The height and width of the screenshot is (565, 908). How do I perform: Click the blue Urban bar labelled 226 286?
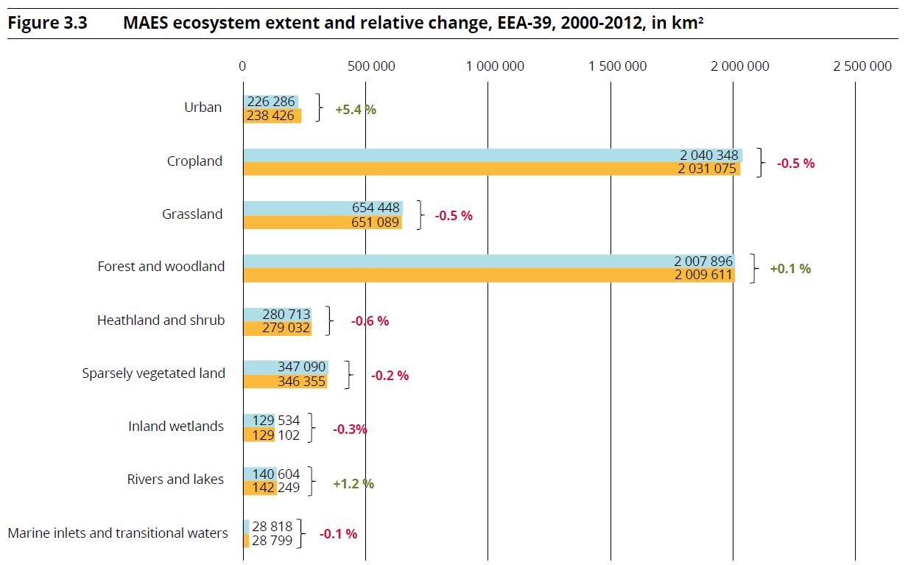(x=271, y=102)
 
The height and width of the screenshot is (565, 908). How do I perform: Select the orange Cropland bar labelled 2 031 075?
(x=491, y=169)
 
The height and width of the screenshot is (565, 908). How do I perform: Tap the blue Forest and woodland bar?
(x=488, y=261)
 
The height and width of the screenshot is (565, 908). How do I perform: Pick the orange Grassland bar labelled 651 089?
(x=323, y=222)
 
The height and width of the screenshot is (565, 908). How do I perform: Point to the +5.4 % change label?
(x=356, y=109)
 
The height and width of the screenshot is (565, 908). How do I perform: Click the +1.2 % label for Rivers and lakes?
(x=353, y=484)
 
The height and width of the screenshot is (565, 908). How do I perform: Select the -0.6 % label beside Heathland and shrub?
(x=370, y=321)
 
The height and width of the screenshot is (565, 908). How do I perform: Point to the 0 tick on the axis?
(x=242, y=66)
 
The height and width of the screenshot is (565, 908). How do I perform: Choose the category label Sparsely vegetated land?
(x=153, y=373)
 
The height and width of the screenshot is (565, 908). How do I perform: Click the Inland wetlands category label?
(x=176, y=427)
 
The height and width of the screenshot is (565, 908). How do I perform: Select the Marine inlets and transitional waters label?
(x=118, y=533)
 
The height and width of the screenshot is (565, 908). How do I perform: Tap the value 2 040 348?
(x=708, y=155)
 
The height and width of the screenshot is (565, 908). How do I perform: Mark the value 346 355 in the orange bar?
(x=301, y=381)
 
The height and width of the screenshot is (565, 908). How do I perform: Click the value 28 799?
(x=272, y=541)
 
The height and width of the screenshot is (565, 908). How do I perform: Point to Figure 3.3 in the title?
(x=47, y=24)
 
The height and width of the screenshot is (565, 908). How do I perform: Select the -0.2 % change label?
(x=390, y=375)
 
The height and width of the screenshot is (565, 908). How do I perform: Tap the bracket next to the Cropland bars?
(x=763, y=162)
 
